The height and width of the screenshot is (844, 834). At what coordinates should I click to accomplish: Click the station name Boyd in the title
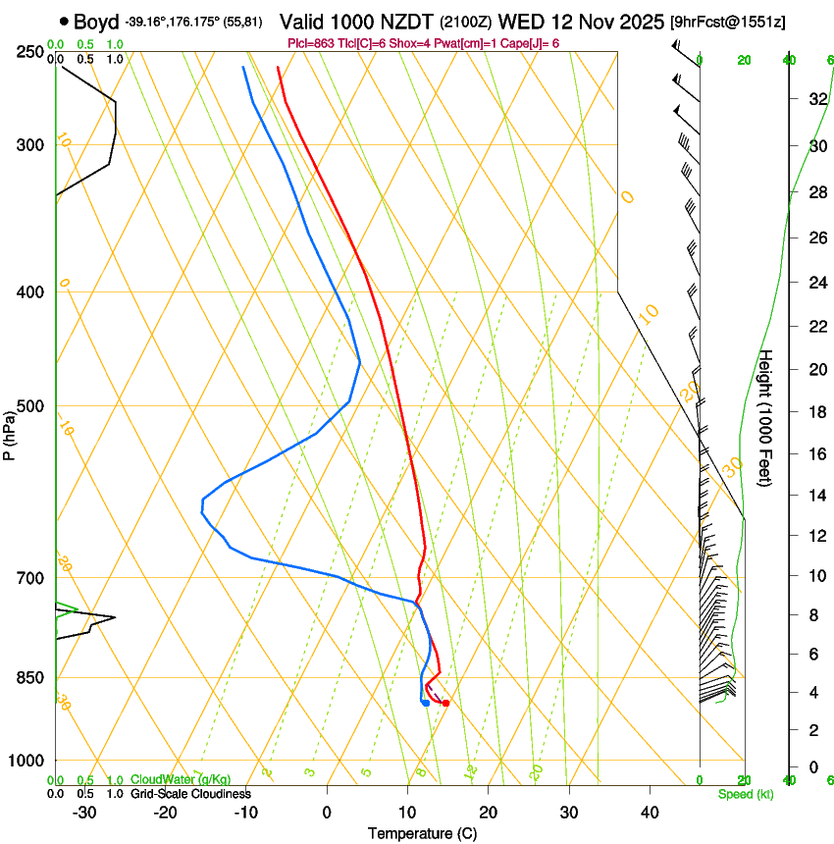96,22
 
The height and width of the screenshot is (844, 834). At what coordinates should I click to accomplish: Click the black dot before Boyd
65,21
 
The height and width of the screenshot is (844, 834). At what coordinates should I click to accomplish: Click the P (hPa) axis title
9,432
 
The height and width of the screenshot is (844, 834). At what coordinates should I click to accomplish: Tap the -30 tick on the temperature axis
84,812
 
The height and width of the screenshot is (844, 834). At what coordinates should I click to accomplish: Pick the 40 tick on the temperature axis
649,812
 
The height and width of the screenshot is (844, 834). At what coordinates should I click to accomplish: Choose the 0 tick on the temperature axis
328,812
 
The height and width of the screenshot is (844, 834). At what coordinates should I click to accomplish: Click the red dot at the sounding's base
445,703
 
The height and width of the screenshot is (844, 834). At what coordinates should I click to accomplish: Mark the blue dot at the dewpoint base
425,702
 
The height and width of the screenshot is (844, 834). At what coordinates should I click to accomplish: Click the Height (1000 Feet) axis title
766,416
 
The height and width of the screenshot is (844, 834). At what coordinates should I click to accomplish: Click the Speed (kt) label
745,794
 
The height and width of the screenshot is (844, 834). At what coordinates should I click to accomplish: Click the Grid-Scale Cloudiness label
190,794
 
